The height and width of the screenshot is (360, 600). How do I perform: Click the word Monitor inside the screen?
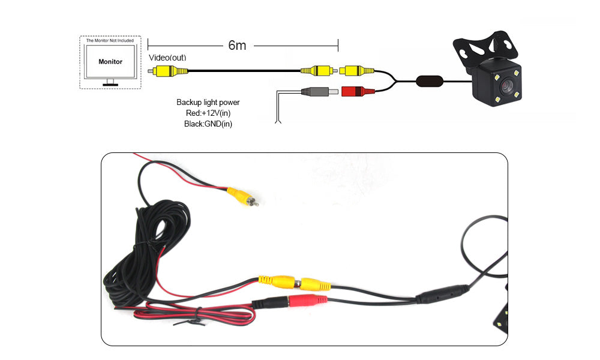(x=110, y=62)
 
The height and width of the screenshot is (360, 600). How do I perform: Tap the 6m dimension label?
(x=237, y=46)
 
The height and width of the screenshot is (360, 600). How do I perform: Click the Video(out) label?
(x=167, y=58)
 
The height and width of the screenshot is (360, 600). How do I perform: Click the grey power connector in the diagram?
(x=316, y=92)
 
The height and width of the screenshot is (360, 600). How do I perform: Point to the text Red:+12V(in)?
(x=208, y=113)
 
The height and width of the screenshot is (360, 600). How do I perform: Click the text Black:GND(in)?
(x=208, y=124)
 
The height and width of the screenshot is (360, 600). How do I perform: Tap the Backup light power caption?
(x=208, y=103)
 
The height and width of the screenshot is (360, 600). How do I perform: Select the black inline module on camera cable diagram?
(x=429, y=80)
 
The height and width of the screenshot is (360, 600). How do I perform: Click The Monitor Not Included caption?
(x=110, y=40)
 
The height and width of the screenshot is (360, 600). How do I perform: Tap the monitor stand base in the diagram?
(x=110, y=85)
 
